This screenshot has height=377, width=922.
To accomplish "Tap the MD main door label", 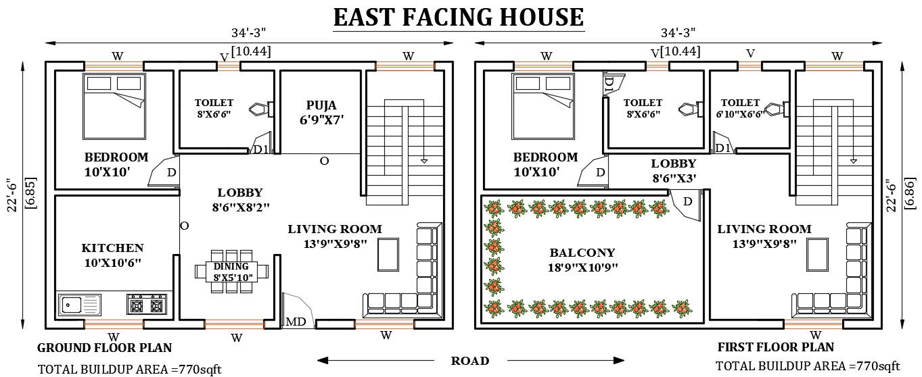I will pyautogui.click(x=296, y=322).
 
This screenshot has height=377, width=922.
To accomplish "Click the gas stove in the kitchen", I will pyautogui.click(x=147, y=305).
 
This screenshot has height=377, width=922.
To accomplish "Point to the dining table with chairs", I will pyautogui.click(x=231, y=271).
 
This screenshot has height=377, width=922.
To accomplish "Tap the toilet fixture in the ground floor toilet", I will pyautogui.click(x=262, y=109).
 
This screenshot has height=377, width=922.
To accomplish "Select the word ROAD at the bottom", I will pyautogui.click(x=470, y=361).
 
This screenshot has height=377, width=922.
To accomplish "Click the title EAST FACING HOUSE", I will pyautogui.click(x=458, y=16).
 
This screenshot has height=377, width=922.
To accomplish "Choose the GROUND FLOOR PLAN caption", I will pyautogui.click(x=104, y=348).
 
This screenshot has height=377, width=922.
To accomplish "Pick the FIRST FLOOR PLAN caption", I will pyautogui.click(x=775, y=347).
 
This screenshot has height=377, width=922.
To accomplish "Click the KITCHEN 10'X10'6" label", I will pyautogui.click(x=112, y=255).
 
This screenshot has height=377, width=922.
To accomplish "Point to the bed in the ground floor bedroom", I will pyautogui.click(x=113, y=105).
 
